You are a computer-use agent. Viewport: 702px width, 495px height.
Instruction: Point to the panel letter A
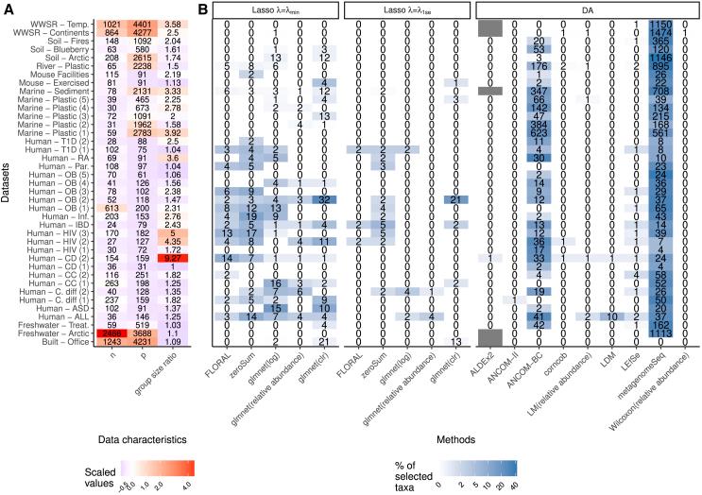7,8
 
